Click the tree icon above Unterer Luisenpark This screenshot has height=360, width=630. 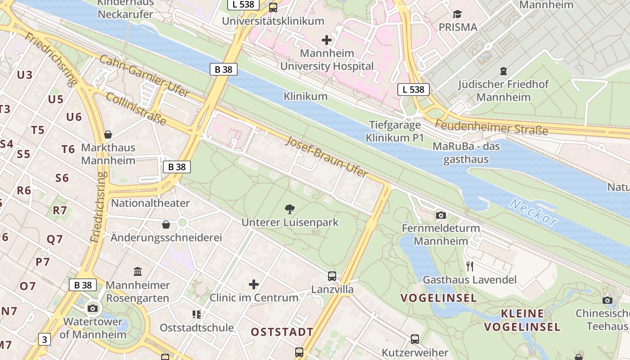coord(290,208)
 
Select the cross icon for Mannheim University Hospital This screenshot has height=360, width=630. coord(327,40)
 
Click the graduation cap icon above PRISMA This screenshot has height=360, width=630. coord(458,14)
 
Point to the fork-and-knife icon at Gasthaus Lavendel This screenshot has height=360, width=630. coord(470,266)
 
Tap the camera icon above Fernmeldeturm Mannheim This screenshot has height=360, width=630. coord(441,215)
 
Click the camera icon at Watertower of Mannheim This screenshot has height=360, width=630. coord(93,308)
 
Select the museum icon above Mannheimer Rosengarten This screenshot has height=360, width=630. coord(138,271)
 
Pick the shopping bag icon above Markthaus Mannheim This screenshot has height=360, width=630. coord(108,134)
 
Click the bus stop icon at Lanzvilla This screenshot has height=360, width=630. coord(332,276)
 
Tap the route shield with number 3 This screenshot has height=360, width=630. coord(44,339)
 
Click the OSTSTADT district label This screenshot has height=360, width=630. coord(282,332)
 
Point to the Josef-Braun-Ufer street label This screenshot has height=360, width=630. coord(327,157)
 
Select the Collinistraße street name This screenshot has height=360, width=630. coord(136,109)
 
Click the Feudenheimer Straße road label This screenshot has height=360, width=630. coord(491,127)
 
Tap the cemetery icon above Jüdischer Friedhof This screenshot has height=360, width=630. coord(503,71)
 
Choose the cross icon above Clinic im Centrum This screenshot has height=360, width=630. coord(254,284)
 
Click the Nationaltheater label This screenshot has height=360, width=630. coord(150,203)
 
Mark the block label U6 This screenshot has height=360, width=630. coord(74,117)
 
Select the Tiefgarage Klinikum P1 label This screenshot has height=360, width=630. coord(395,131)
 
